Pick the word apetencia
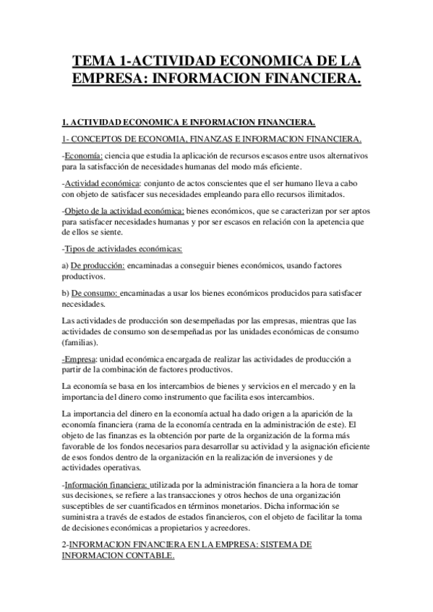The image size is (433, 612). [328, 222]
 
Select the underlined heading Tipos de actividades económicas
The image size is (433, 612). [124, 249]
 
